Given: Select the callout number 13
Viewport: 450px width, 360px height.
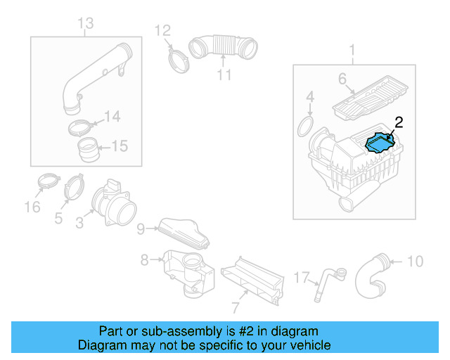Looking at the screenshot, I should [x=84, y=25].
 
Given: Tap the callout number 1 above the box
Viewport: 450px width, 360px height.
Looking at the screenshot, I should [x=353, y=50].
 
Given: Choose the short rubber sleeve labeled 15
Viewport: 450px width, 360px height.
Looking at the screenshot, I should [x=87, y=150].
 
